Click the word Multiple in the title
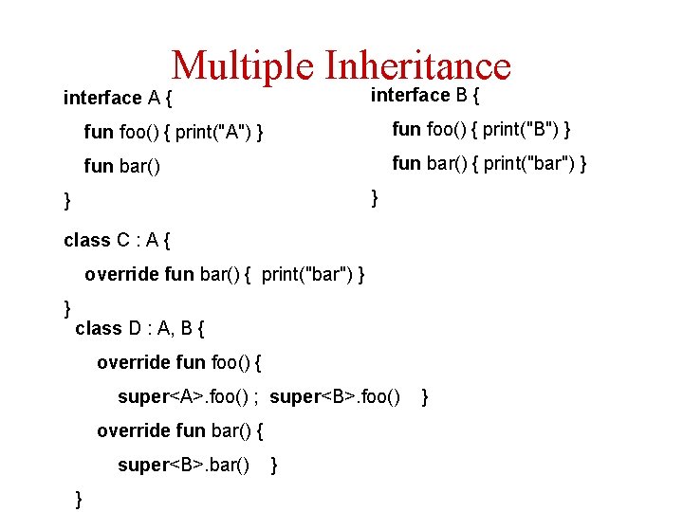pos(242,65)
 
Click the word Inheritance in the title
pos(417,65)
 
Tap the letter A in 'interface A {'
pos(154,98)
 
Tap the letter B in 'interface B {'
pos(460,95)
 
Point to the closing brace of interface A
pos(66,200)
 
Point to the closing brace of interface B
pos(375,197)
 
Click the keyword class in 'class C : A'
pos(86,240)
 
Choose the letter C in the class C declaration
pos(123,240)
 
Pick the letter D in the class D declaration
pos(136,328)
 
